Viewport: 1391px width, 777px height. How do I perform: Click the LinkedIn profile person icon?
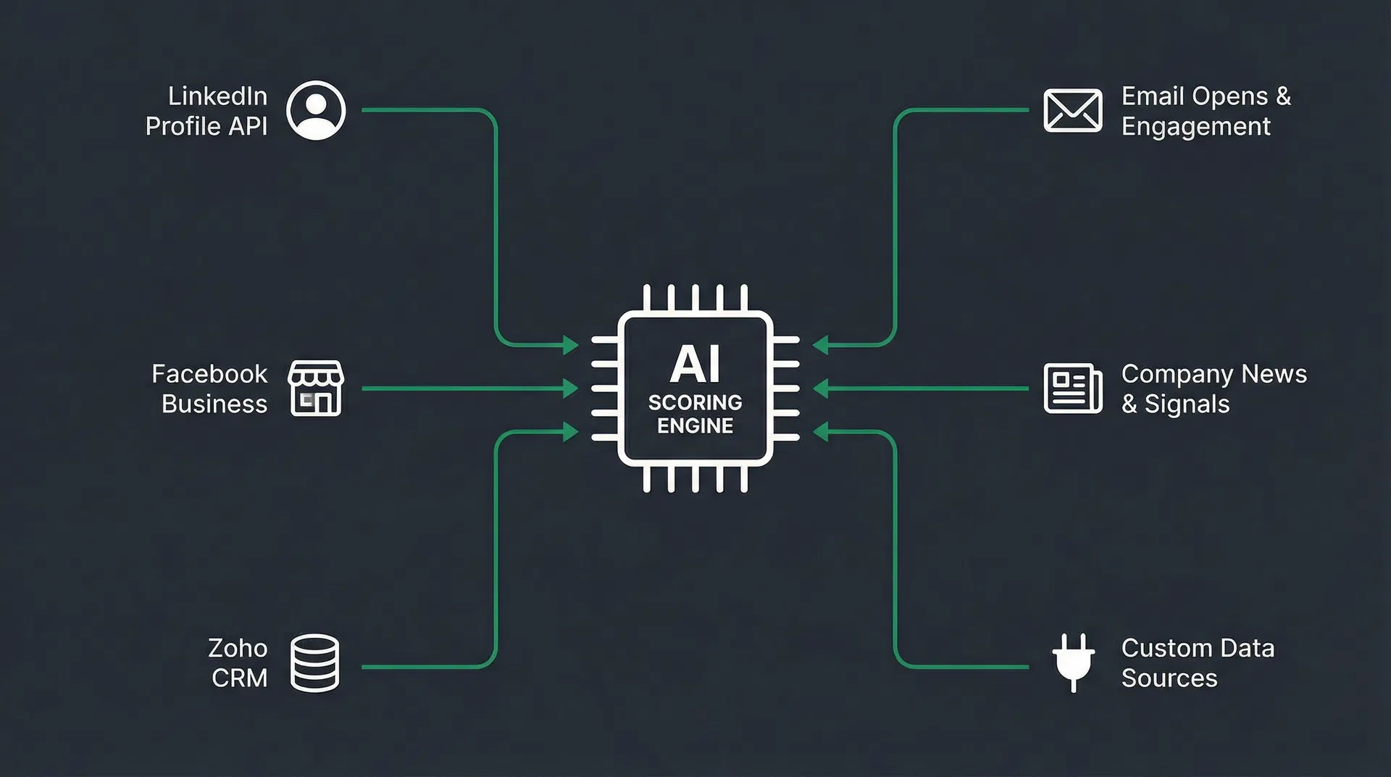316,110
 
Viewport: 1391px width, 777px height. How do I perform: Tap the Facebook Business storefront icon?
316,388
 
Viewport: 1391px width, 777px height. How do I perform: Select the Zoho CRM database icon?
314,663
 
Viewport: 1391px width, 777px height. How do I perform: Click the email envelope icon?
1073,111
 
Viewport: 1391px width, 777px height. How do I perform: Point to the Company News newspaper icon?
1073,388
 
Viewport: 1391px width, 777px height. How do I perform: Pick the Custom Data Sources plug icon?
1073,661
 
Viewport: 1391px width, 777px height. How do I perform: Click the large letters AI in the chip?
695,364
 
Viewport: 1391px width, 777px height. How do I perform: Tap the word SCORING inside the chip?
695,402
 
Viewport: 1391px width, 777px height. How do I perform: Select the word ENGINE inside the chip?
695,425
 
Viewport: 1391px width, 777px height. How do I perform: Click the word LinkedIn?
217,96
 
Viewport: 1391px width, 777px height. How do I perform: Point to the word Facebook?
209,374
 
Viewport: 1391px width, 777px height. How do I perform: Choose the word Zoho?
238,648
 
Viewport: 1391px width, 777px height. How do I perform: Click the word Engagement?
1195,126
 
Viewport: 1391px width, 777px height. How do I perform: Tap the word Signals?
1187,404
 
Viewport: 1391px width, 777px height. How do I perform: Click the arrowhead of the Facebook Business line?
571,388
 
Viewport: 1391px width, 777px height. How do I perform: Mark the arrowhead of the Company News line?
820,388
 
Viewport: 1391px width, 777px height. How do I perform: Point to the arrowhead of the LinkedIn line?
571,344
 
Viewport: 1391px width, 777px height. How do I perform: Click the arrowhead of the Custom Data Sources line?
820,433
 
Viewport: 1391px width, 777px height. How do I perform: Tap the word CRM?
239,678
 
